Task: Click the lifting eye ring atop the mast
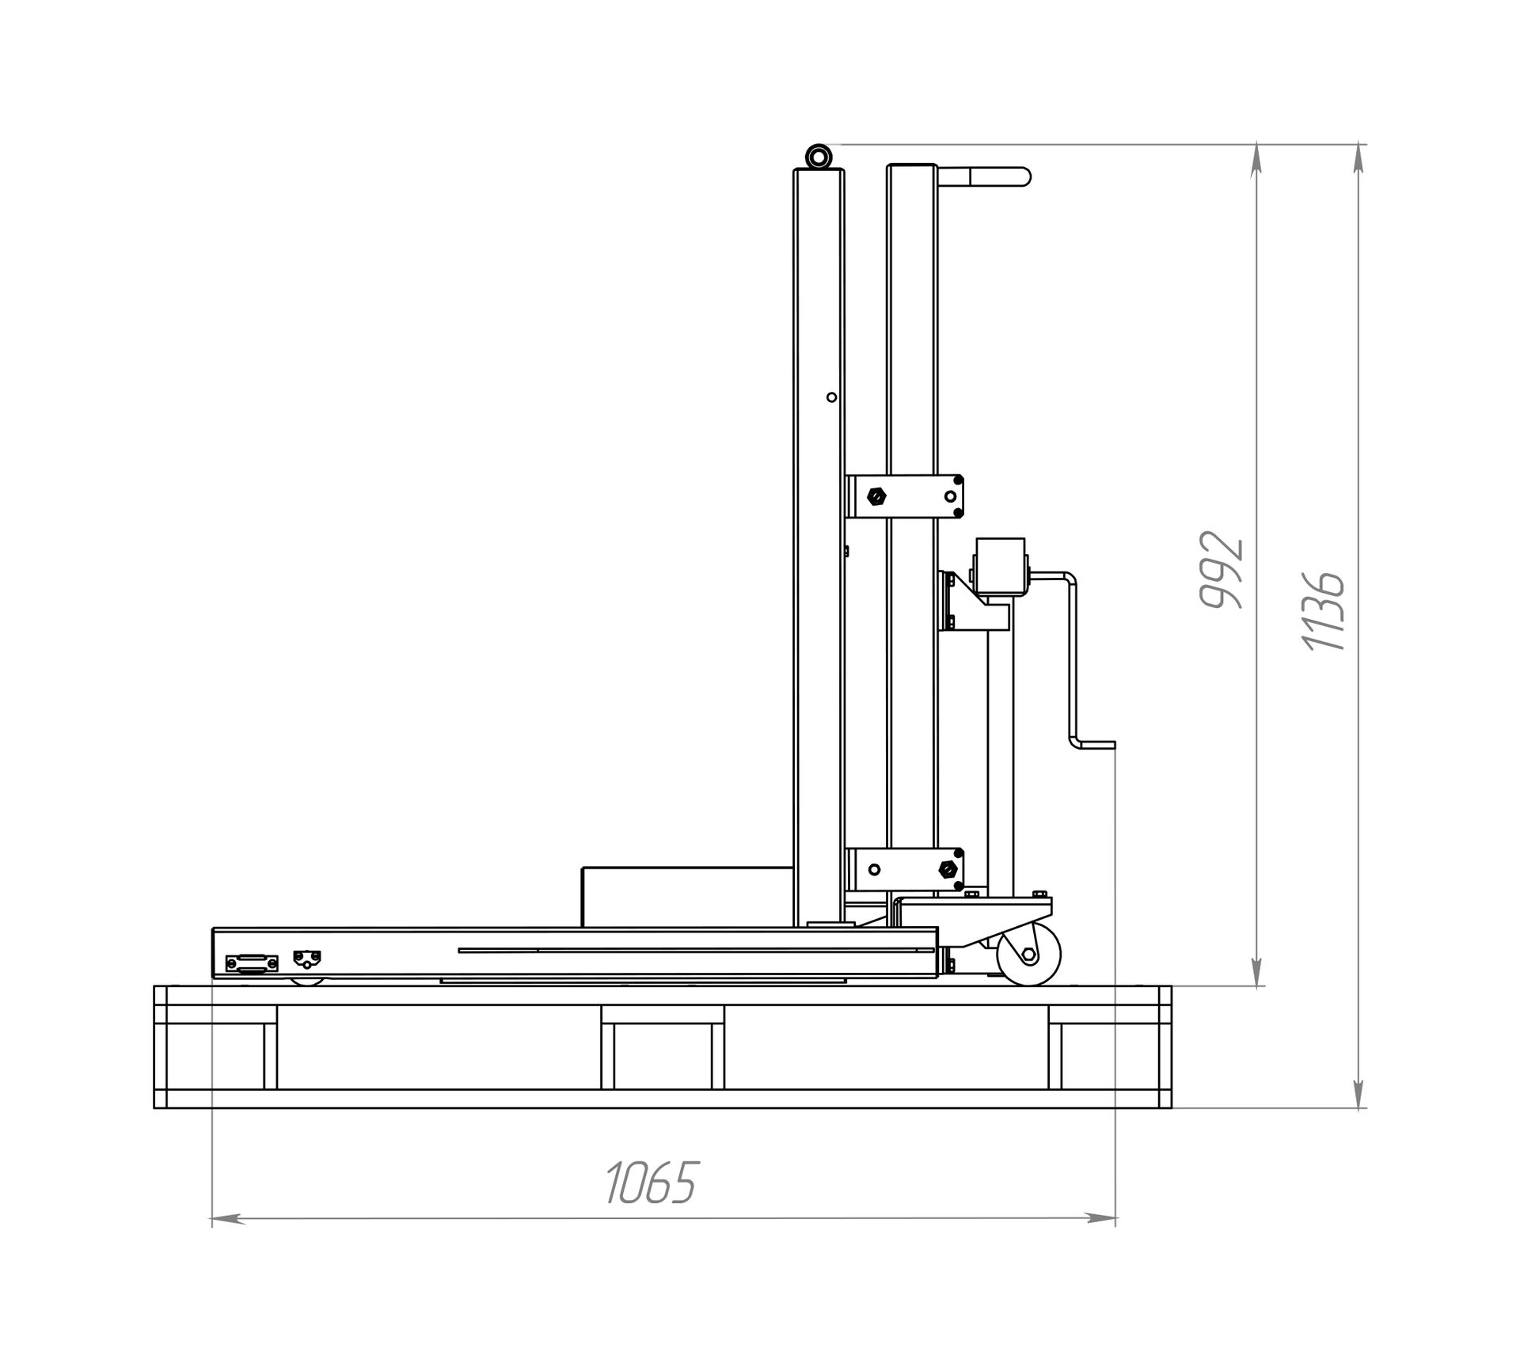817,155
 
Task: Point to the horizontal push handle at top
982,176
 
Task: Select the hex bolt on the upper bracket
876,497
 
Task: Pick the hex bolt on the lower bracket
945,870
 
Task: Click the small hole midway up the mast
831,397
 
